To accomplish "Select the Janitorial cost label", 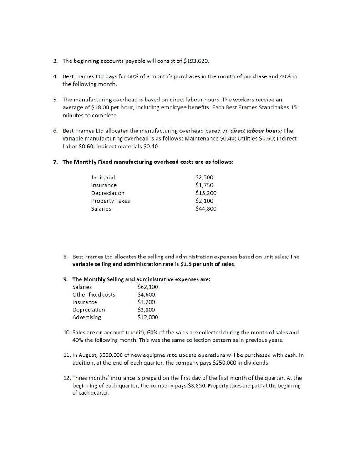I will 103,177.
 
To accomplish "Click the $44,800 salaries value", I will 205,208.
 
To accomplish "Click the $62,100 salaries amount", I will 147,287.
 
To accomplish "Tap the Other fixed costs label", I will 94,294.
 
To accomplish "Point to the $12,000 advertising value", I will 147,317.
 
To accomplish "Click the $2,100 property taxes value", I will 204,201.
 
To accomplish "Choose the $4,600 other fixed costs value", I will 146,294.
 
